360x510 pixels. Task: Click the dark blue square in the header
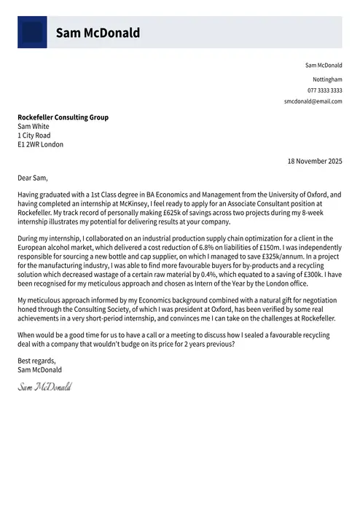[32, 33]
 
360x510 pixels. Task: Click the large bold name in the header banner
[98, 33]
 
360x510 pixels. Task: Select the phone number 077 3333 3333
[325, 90]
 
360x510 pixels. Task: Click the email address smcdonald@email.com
[313, 101]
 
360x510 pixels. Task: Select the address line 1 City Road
[34, 136]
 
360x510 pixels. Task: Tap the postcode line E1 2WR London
[40, 145]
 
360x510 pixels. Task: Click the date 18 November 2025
[314, 160]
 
